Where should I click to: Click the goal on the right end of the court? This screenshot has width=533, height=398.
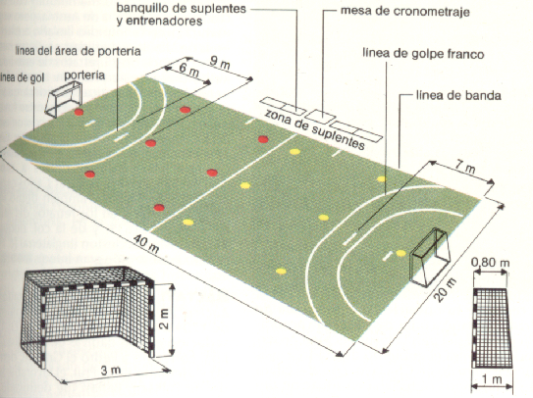click(429, 257)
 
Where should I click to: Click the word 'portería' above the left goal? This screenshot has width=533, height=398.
click(80, 74)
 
